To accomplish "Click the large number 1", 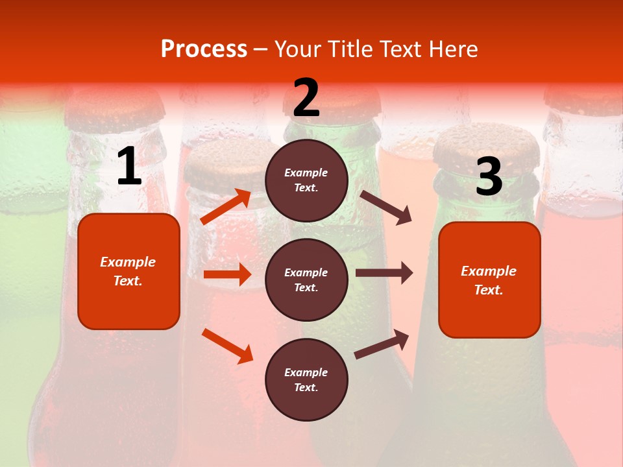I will [x=129, y=167].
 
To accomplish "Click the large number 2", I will [x=306, y=98].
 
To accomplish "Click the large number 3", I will [x=489, y=176].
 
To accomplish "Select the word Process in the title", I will [x=204, y=49].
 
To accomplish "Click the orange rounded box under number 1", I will [x=128, y=271].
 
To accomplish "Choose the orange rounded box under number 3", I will [x=489, y=280].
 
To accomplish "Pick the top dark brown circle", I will [x=306, y=180].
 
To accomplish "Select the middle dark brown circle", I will [x=306, y=280].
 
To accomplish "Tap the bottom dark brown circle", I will [x=306, y=380].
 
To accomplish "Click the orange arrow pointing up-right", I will [x=226, y=207].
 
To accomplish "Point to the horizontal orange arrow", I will [x=227, y=274].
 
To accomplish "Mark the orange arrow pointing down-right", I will [x=227, y=346].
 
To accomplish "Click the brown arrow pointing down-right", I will [x=385, y=207].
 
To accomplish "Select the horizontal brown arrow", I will [x=384, y=273].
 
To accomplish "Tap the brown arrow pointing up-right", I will [x=382, y=344].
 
